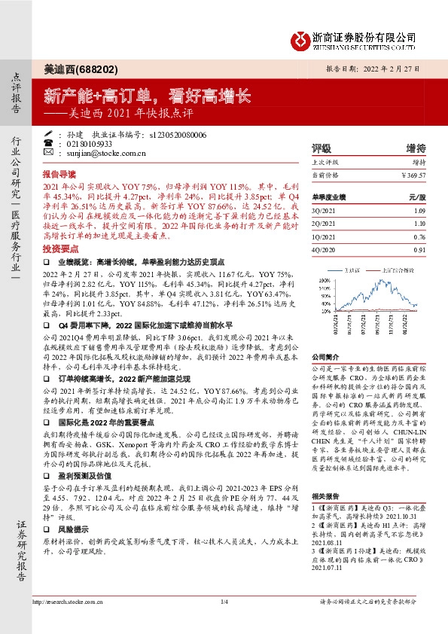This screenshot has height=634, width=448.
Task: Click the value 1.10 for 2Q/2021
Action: tap(419, 224)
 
